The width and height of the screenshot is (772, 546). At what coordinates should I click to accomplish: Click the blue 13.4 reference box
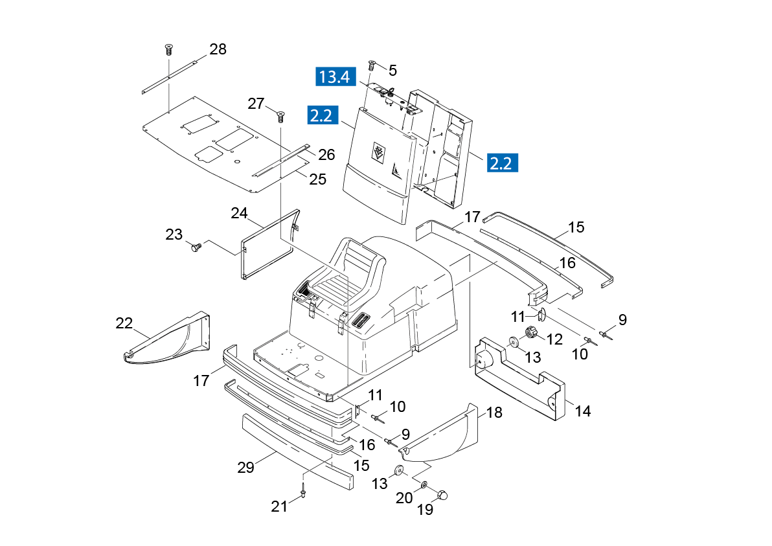335,77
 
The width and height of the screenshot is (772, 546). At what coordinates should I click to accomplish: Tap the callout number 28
218,49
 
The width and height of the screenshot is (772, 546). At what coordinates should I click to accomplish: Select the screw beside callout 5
372,65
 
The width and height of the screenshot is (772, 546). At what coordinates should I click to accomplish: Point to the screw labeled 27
280,117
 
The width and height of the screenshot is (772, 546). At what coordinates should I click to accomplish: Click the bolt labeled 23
196,247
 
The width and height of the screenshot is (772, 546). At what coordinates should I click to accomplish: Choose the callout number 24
239,213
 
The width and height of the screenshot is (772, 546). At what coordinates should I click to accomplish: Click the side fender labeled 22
166,339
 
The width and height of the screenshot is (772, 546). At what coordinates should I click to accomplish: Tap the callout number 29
245,467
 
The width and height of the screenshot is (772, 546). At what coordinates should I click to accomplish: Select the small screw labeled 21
303,492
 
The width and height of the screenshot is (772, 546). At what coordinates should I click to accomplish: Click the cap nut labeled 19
442,494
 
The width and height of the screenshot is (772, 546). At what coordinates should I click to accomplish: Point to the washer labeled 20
424,486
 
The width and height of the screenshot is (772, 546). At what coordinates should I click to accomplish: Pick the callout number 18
494,412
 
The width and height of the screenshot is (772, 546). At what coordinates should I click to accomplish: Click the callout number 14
583,411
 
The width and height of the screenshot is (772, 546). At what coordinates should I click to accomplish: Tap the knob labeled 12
530,333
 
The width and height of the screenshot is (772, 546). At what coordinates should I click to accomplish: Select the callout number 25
317,179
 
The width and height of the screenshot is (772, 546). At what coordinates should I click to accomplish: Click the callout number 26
326,155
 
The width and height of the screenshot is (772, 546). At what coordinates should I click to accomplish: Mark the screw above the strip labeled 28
169,49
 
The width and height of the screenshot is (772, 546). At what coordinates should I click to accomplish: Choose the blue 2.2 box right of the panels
503,163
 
